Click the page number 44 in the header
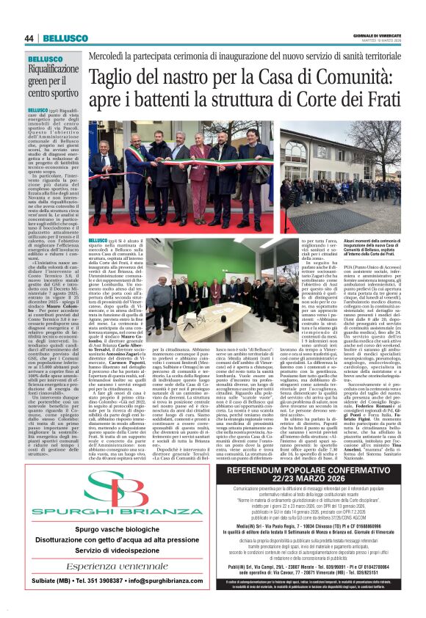tap(30, 38)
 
